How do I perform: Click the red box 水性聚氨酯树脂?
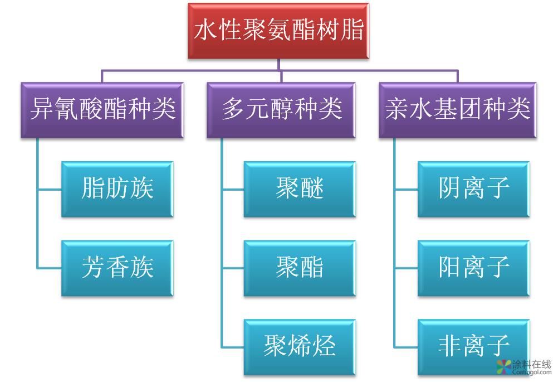coord(278,31)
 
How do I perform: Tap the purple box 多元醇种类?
coord(281,110)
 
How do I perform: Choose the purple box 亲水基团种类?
coord(457,110)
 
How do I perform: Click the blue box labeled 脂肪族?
coord(117,189)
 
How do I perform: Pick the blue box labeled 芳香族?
coord(117,268)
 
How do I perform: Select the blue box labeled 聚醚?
coord(300,189)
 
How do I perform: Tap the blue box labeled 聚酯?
coord(300,268)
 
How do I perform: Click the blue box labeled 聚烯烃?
coord(300,346)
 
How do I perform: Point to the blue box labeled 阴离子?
coord(473,189)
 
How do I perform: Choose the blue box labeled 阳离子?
coord(473,268)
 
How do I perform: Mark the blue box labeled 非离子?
coord(473,346)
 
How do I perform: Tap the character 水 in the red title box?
coord(205,30)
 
